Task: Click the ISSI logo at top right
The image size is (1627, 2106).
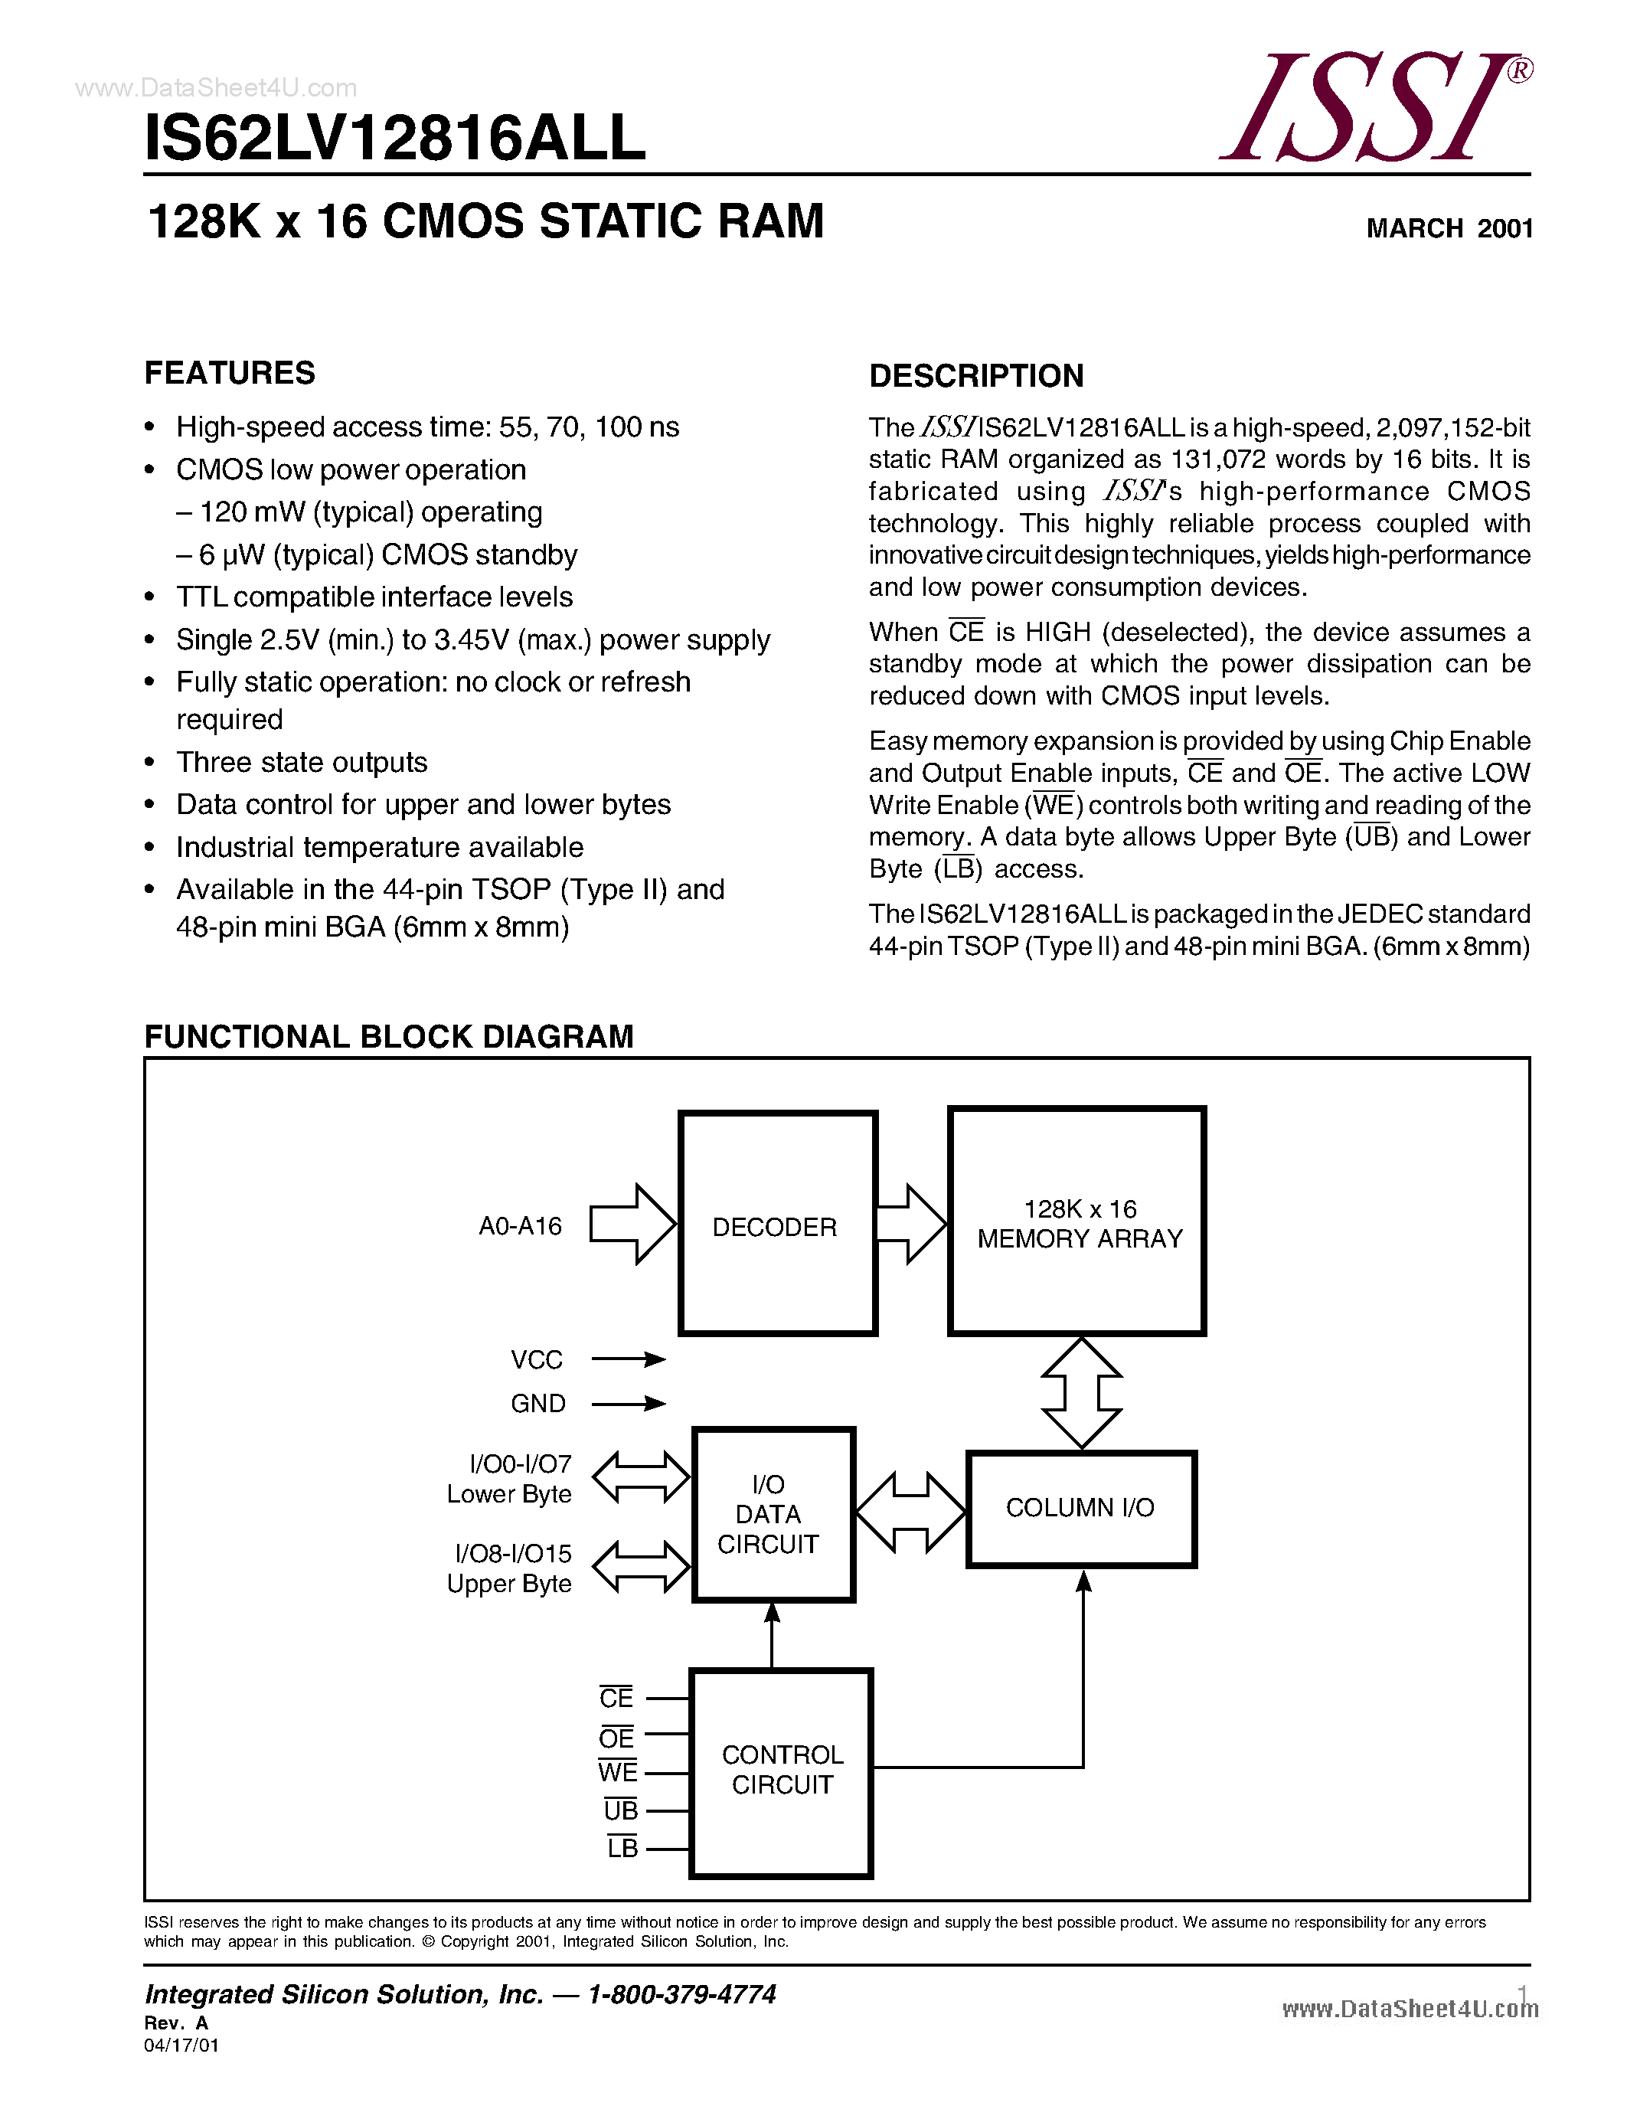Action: (1374, 108)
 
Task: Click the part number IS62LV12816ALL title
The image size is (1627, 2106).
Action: (394, 138)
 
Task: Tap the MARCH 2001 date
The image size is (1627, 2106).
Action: (1449, 228)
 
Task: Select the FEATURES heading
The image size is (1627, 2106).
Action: (230, 373)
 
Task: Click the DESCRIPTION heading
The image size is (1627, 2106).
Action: (975, 376)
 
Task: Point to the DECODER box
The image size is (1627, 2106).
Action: (777, 1224)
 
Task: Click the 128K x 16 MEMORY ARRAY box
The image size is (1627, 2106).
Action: (1076, 1221)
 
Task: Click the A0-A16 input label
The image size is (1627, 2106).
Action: (520, 1227)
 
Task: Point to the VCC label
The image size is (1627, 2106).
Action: (536, 1359)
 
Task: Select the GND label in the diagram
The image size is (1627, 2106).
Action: (537, 1404)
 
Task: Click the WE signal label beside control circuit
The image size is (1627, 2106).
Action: (617, 1772)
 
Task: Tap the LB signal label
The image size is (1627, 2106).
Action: (622, 1848)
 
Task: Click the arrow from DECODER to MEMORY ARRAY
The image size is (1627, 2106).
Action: (911, 1224)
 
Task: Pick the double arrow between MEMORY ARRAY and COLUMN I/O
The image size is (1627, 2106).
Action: (1081, 1392)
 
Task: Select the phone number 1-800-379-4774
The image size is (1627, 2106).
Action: (681, 1994)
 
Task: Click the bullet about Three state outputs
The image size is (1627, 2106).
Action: (302, 762)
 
